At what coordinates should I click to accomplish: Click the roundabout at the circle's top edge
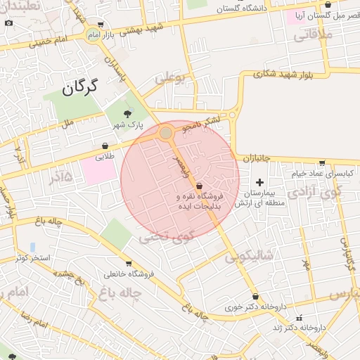166,133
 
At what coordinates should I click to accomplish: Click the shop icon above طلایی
105,146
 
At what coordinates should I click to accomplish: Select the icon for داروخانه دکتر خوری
255,297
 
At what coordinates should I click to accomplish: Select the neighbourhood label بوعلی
173,79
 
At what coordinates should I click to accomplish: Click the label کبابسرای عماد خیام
325,173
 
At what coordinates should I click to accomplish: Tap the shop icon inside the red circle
200,185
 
